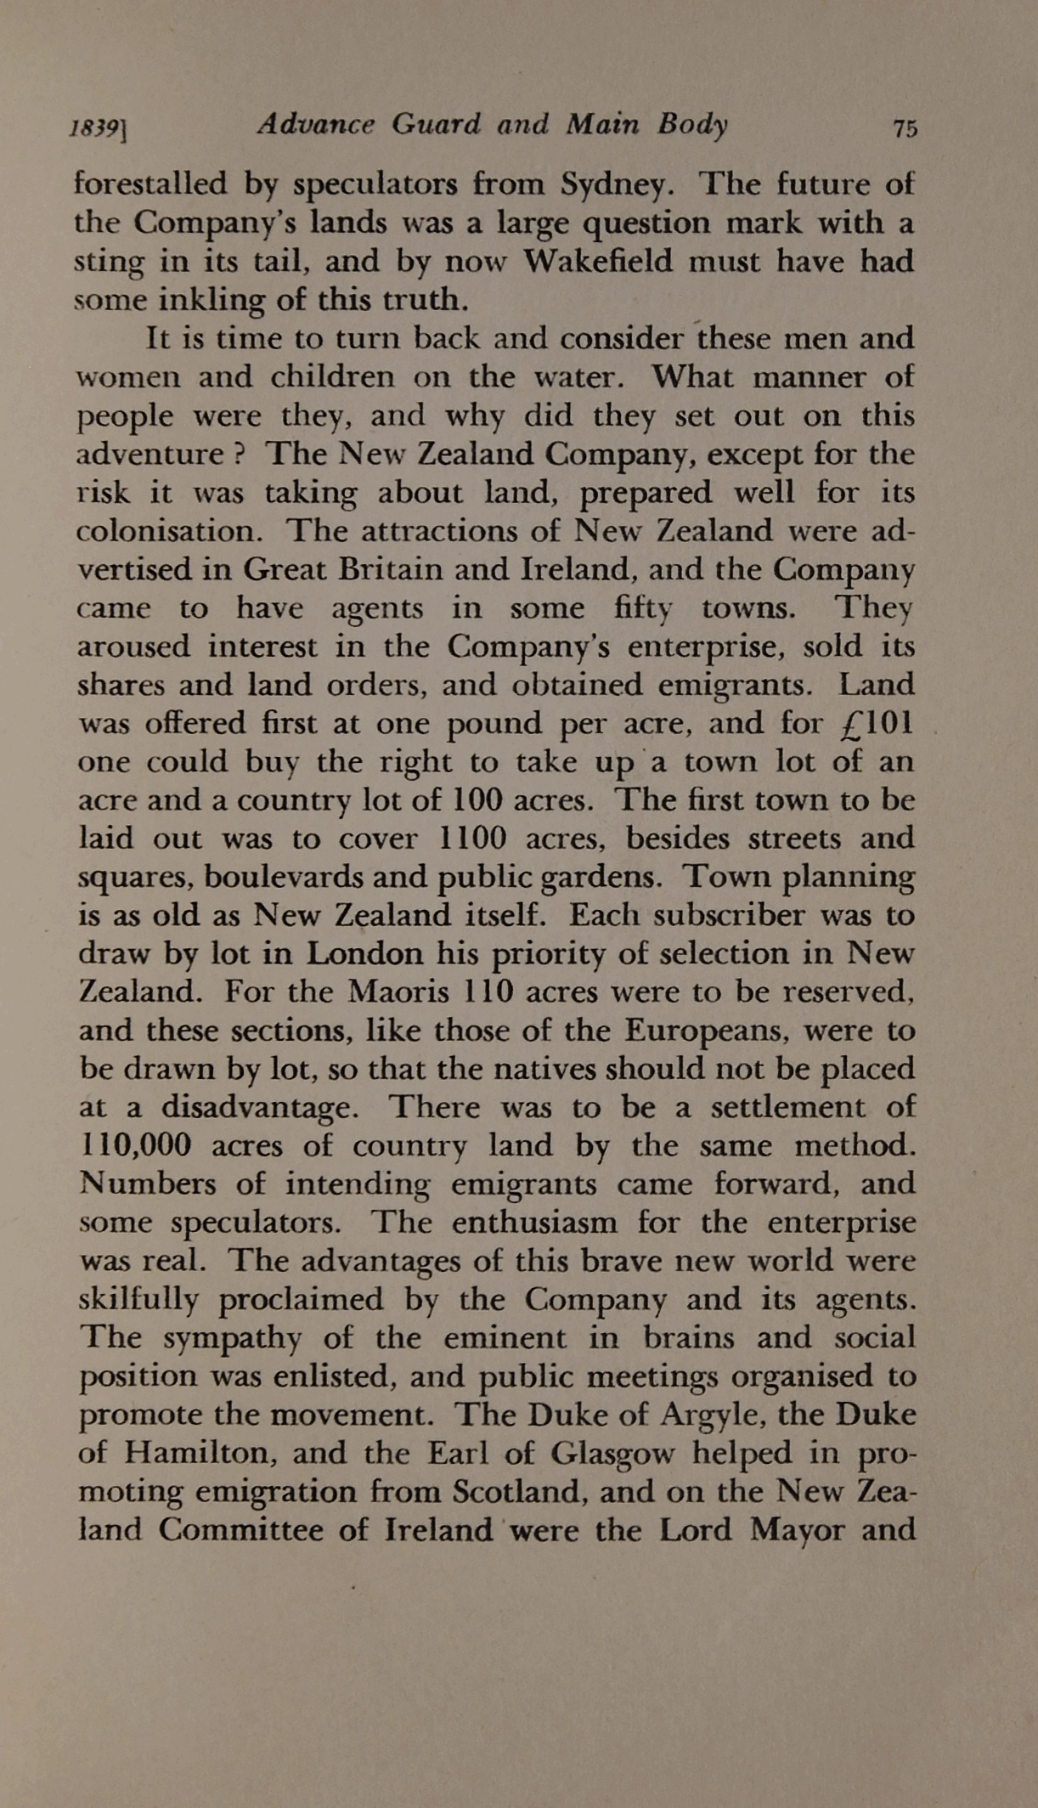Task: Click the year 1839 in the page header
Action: click(96, 128)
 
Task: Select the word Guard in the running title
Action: click(436, 125)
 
